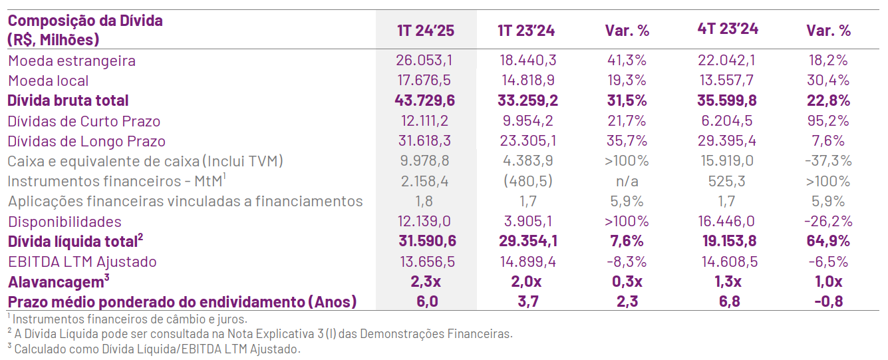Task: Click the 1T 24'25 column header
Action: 426,31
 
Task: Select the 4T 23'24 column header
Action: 728,29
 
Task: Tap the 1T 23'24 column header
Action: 526,31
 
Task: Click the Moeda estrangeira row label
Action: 72,61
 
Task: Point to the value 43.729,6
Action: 424,100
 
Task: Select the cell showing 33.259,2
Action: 527,100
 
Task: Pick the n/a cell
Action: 627,181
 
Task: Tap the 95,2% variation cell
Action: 828,120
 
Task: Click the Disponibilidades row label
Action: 65,222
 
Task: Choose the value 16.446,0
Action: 726,221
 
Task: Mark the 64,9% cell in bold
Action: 828,241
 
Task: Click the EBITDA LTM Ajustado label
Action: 82,262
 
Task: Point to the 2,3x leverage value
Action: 426,281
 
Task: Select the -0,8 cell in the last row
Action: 829,301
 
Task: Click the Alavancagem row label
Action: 59,281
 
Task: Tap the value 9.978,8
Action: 424,160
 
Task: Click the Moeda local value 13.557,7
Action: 726,80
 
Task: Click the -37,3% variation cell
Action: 828,160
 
